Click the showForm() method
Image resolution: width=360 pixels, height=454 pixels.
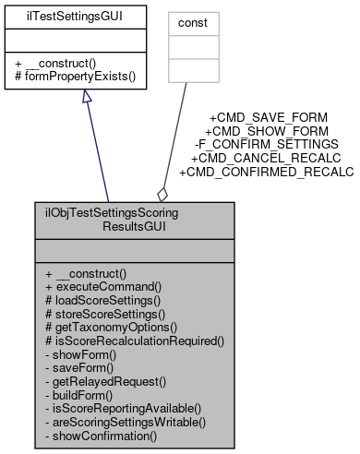coord(80,353)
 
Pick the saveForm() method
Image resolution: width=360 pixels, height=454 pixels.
coord(79,367)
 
